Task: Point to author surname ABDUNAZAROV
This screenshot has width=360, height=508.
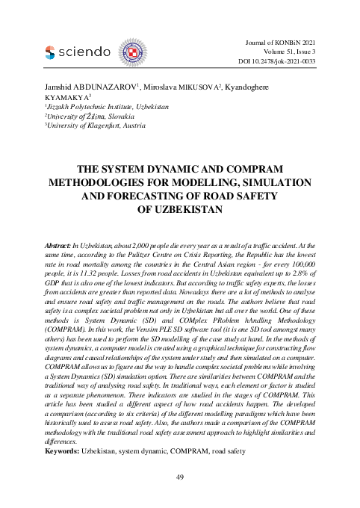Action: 105,87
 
